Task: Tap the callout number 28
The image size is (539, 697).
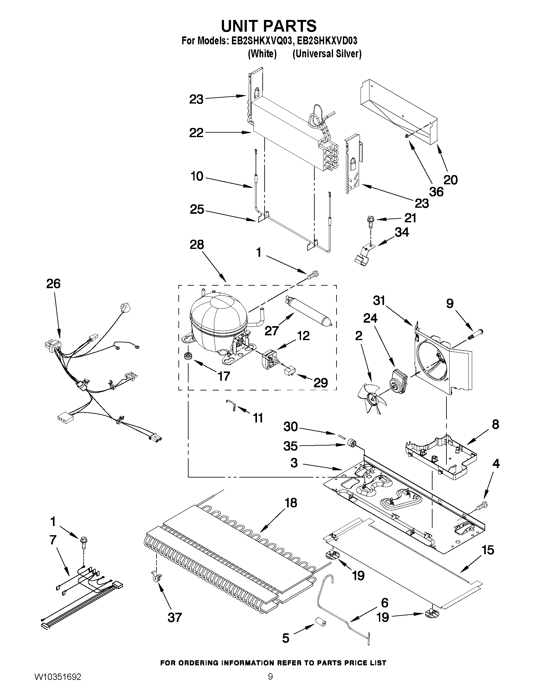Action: point(197,245)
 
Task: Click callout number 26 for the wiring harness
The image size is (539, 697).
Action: point(53,283)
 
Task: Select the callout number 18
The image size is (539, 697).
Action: point(291,503)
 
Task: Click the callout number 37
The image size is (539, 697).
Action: point(175,617)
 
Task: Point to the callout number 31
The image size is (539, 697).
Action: point(379,300)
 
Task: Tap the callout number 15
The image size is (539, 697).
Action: point(488,549)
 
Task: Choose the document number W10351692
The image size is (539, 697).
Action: point(58,684)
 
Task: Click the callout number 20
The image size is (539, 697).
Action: point(451,180)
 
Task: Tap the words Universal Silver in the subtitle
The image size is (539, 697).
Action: point(327,54)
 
